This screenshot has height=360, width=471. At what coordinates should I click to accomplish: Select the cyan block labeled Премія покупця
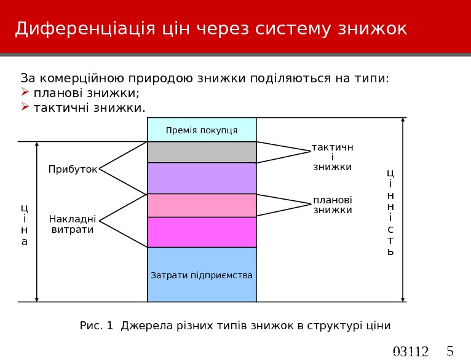(202, 130)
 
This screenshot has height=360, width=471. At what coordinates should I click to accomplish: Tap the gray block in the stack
(202, 152)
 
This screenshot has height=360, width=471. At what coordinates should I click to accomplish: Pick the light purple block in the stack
(202, 178)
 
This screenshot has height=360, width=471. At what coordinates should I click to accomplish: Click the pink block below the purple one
(202, 206)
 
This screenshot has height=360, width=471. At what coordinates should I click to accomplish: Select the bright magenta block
(202, 232)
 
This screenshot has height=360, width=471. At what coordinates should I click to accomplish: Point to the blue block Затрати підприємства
(202, 275)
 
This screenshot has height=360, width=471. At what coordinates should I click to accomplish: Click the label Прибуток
(73, 169)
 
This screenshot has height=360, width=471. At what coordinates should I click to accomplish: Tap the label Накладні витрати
(73, 224)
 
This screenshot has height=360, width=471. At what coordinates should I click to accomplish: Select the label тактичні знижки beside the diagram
(332, 157)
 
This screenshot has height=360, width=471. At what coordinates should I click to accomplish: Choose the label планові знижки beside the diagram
(333, 205)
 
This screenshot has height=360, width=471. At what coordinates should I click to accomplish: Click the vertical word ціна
(25, 224)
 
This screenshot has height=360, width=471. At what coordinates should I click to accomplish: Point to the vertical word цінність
(391, 212)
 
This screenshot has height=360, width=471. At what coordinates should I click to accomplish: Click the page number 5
(449, 351)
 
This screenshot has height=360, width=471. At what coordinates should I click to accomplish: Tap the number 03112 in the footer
(411, 352)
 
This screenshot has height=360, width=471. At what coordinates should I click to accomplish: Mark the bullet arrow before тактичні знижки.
(25, 108)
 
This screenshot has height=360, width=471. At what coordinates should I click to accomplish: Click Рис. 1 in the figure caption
(97, 325)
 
